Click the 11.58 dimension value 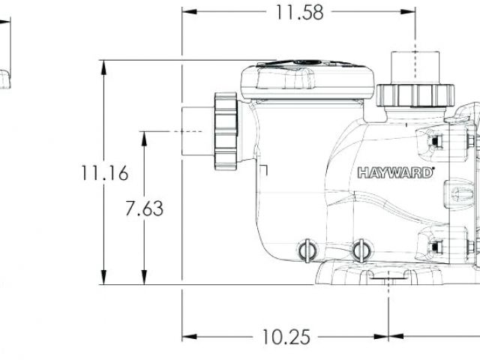[x=300, y=13]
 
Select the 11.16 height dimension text [x=104, y=173]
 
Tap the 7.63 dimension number [x=144, y=208]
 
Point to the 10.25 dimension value [x=286, y=337]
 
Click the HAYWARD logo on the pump [x=395, y=172]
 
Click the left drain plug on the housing [x=307, y=250]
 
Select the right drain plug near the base [x=361, y=250]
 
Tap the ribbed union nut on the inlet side [x=226, y=131]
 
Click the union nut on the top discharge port [x=415, y=94]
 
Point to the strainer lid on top [x=307, y=79]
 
